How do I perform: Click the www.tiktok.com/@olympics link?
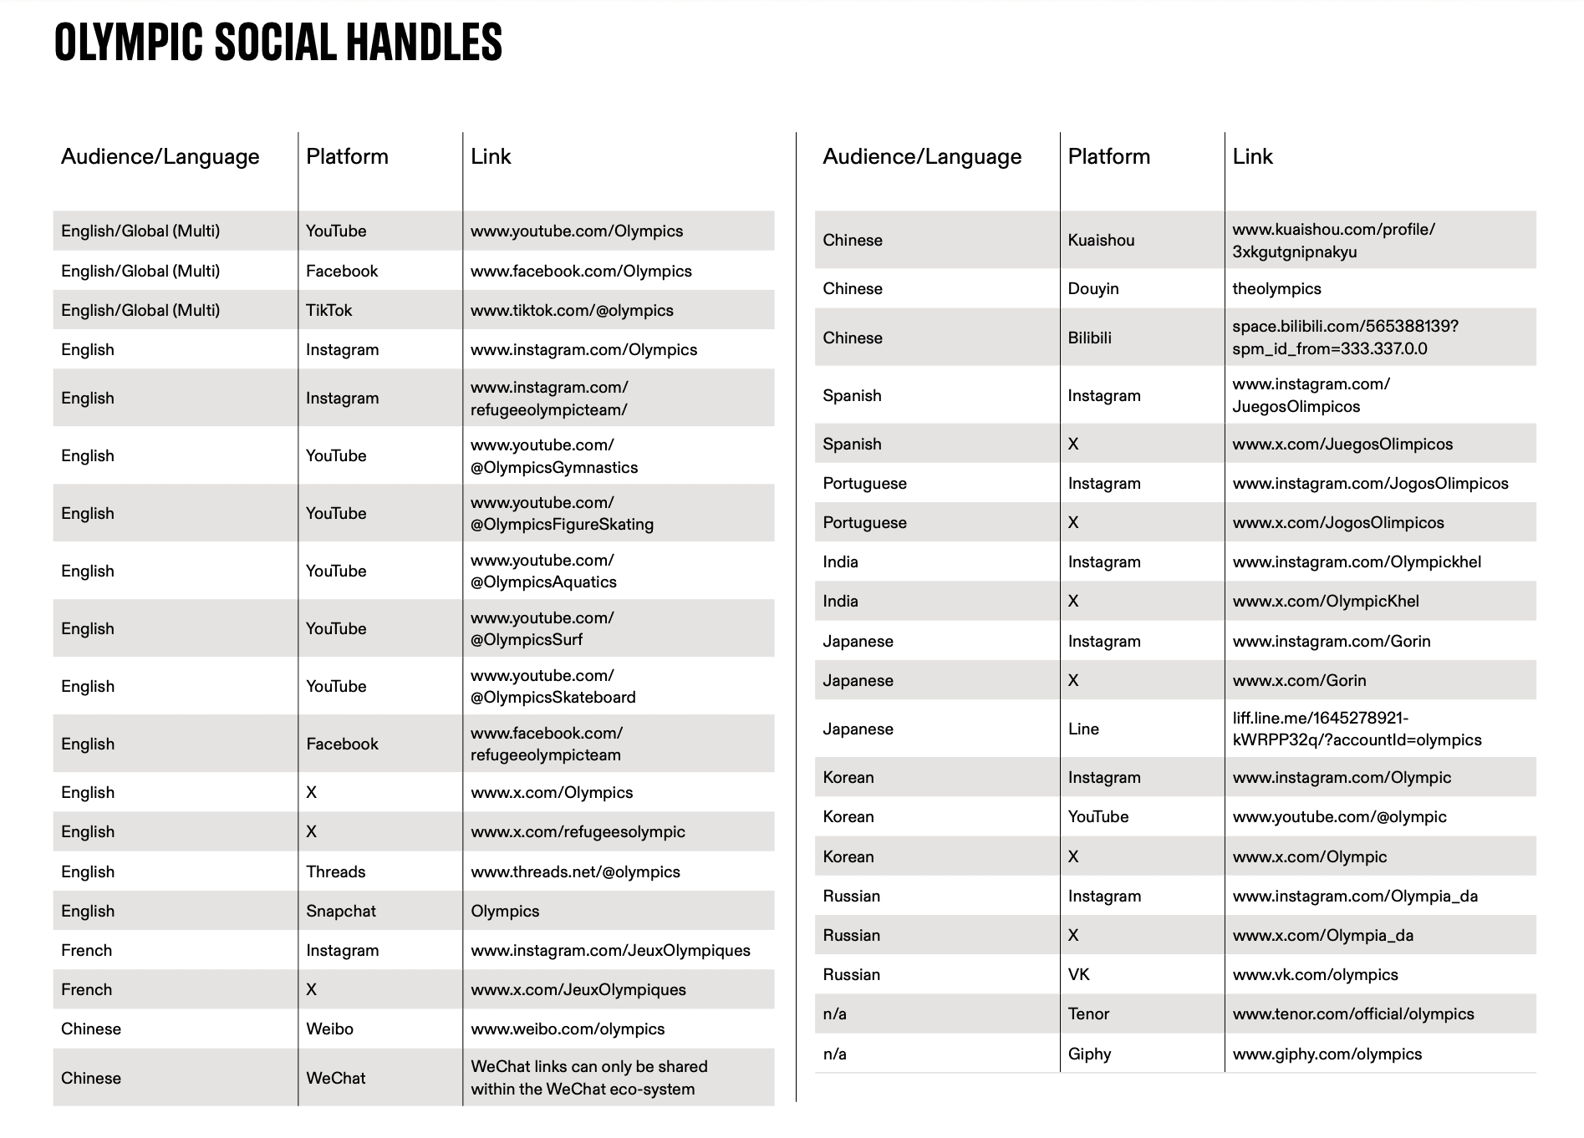572,310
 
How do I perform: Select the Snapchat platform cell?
340,911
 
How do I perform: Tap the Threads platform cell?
335,871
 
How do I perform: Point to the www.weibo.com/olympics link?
568,1029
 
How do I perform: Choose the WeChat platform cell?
335,1078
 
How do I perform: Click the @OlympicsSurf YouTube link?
542,628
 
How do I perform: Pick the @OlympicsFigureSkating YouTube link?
562,513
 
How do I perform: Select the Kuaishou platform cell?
1101,240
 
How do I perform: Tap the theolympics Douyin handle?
1276,288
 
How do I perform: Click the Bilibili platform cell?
1089,338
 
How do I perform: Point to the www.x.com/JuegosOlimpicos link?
1342,444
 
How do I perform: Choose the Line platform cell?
1083,729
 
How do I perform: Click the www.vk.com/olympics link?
1315,974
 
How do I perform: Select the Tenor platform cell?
1088,1014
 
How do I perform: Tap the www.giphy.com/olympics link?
1327,1054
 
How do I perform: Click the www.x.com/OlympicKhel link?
1326,601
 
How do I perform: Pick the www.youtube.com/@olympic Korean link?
1339,816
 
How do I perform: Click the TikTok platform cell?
329,310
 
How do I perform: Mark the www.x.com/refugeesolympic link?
578,831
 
